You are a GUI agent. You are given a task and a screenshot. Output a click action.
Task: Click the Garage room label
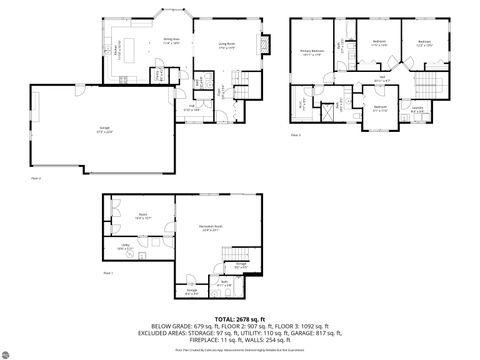tap(104, 129)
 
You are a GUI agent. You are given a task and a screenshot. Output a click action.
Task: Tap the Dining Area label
tap(171, 41)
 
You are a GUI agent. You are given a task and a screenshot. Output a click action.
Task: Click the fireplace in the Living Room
tap(263, 45)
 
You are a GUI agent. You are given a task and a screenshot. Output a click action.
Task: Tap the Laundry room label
tap(416, 111)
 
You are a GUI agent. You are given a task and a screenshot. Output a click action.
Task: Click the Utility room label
tap(126, 246)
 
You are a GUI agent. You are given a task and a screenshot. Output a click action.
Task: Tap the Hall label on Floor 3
tap(381, 78)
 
